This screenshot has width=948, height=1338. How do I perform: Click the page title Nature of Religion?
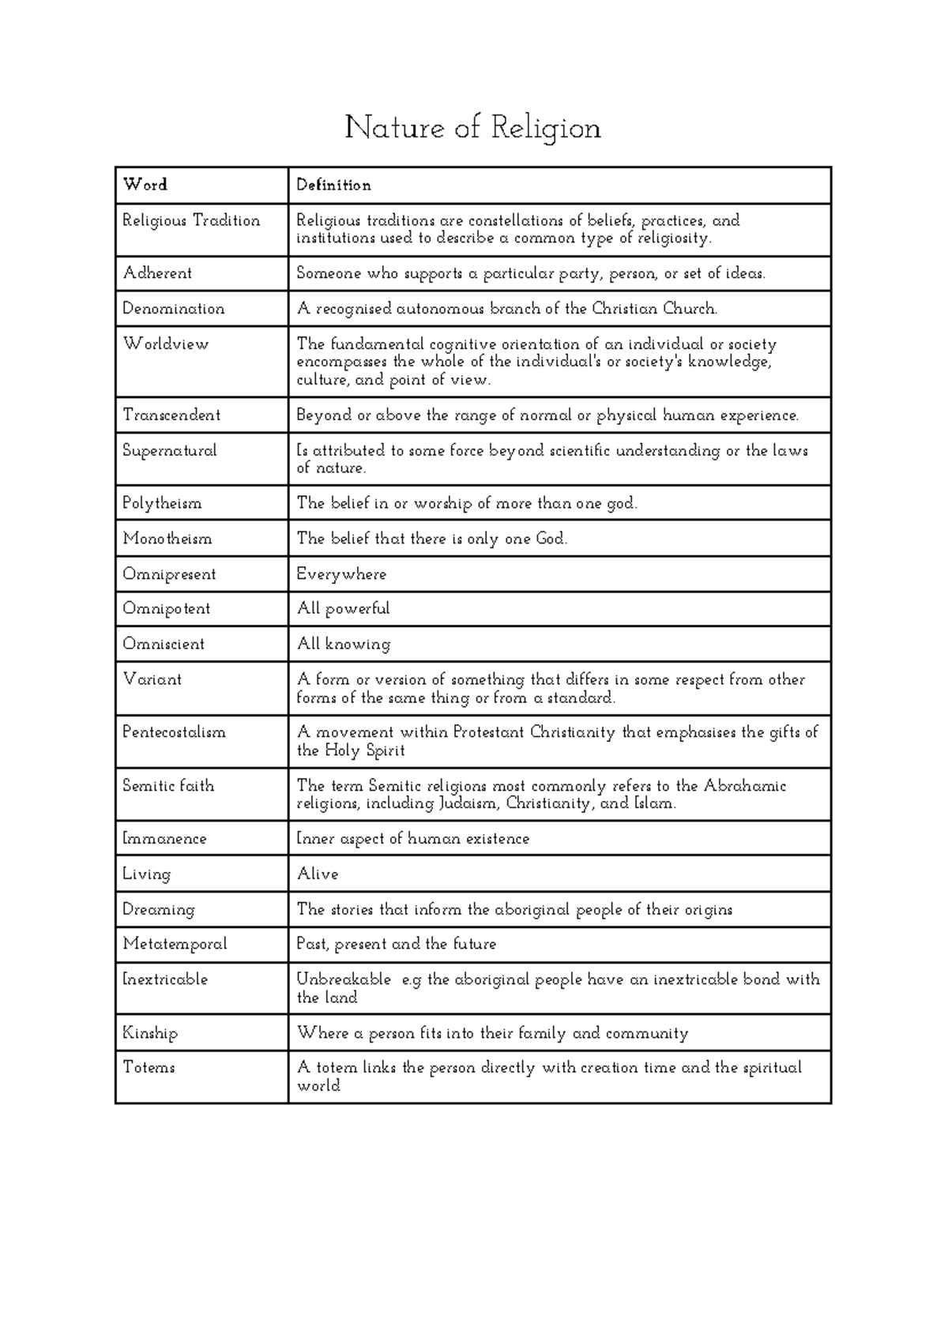472,128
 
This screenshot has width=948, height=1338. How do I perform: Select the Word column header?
145,185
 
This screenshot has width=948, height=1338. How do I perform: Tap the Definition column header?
333,185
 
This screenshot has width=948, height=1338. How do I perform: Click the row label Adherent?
157,273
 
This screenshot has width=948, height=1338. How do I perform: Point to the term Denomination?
174,309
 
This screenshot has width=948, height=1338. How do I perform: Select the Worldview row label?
166,344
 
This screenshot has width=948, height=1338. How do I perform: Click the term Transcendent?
171,415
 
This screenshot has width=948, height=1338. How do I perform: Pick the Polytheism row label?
162,503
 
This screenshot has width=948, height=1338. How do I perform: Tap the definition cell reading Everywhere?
341,574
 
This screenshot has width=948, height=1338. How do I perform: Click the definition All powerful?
344,609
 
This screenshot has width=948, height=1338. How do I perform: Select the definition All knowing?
344,645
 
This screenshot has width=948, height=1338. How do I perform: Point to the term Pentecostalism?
174,732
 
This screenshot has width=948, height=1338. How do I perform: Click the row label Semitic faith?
168,786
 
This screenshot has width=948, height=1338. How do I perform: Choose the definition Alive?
318,874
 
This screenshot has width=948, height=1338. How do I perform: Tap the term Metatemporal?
175,944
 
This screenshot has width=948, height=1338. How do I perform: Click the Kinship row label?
150,1033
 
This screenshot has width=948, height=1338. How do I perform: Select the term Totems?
149,1068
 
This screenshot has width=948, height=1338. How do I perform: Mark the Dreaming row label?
158,910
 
